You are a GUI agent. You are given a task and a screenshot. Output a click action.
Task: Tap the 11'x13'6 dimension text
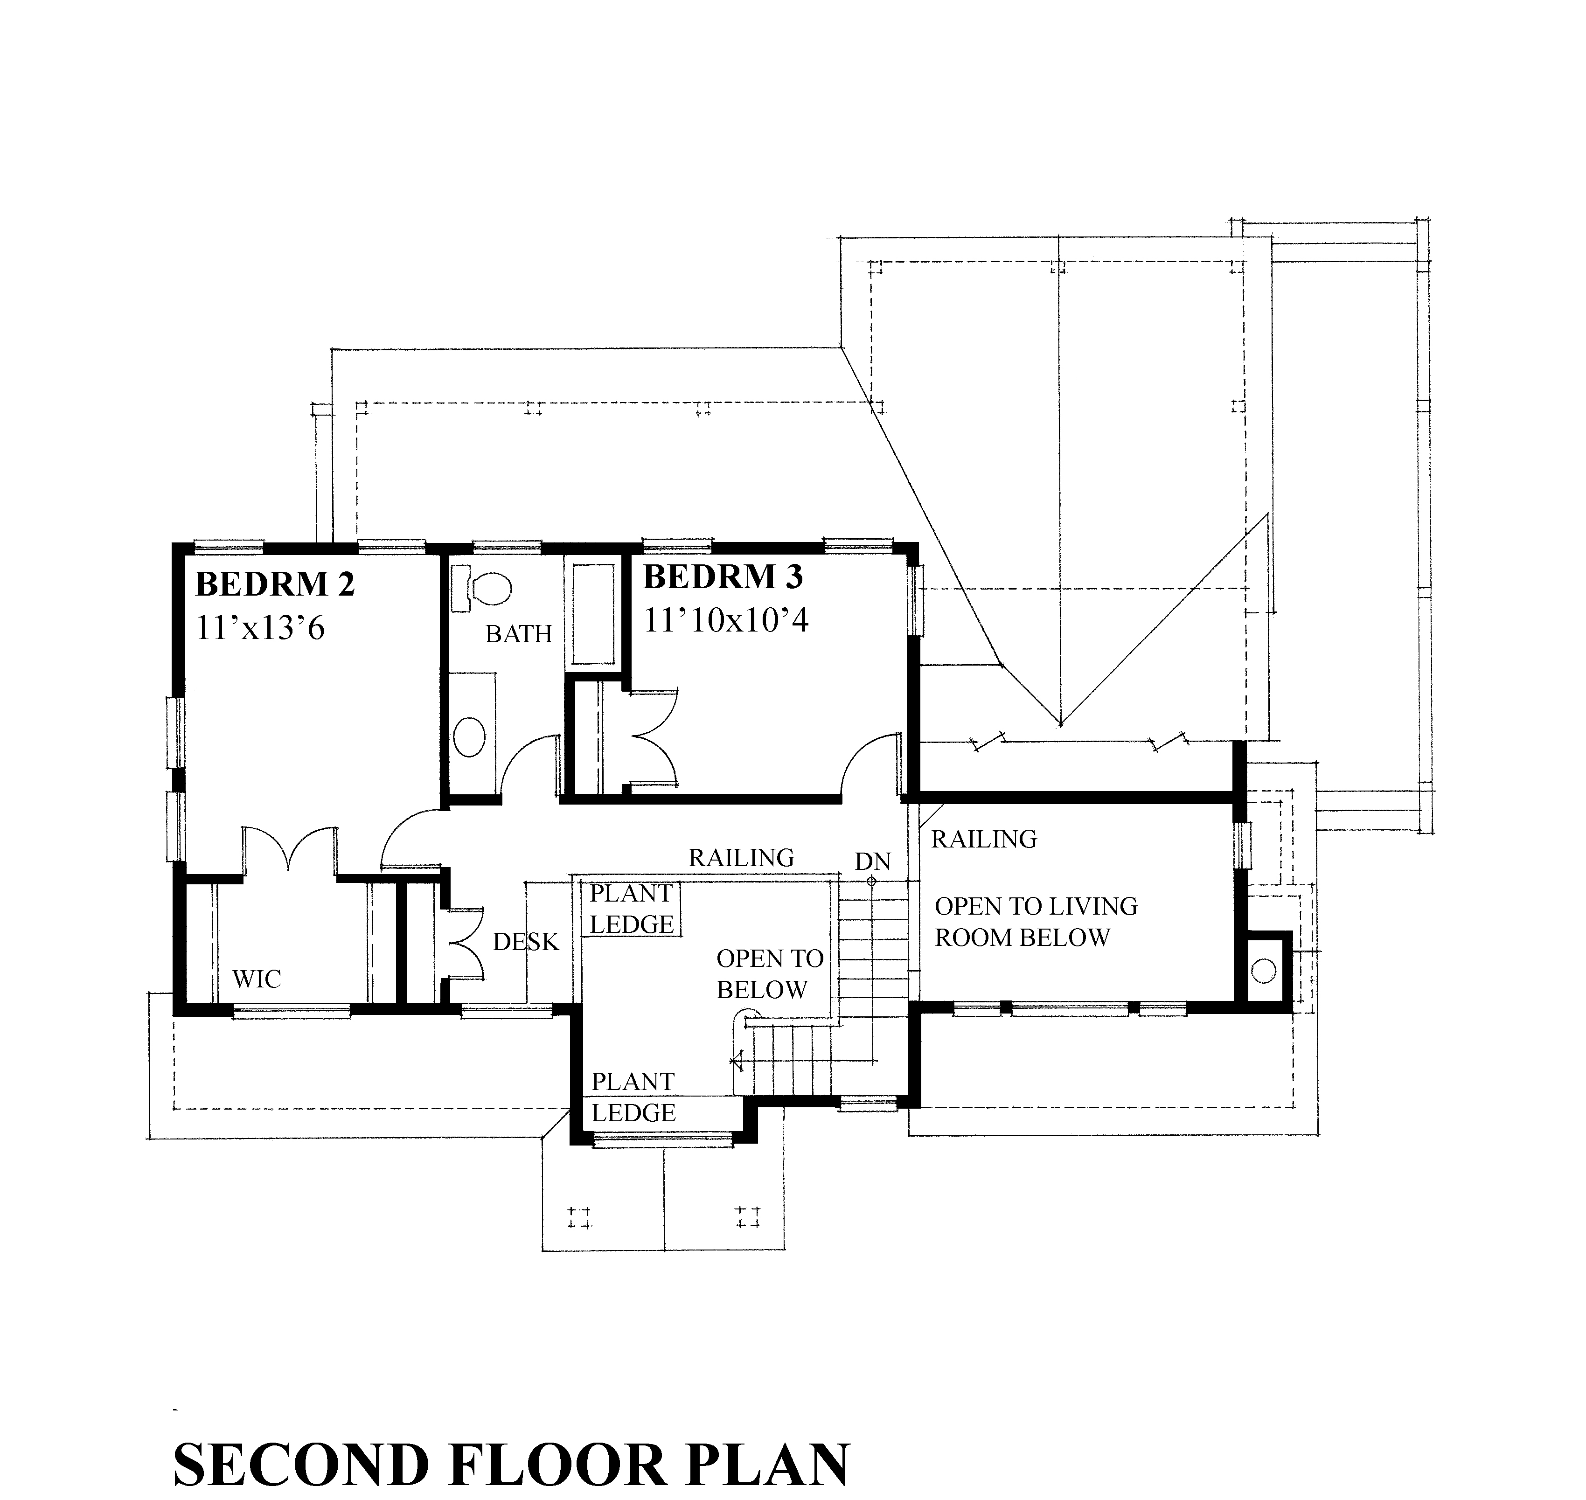tap(261, 628)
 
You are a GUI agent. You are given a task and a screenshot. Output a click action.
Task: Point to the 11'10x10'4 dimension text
tap(726, 620)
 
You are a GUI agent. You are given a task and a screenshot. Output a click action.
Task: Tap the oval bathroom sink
tap(469, 736)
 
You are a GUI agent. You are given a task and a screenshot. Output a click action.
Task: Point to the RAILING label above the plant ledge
tap(741, 858)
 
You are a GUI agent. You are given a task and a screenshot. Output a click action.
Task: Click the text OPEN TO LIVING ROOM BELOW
tap(1036, 922)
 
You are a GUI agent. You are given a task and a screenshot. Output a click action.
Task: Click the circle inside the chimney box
tap(1263, 972)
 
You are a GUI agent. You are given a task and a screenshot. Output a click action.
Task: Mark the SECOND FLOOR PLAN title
tap(511, 1465)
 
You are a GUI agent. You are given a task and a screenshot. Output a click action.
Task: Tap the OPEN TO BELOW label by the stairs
tap(769, 974)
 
